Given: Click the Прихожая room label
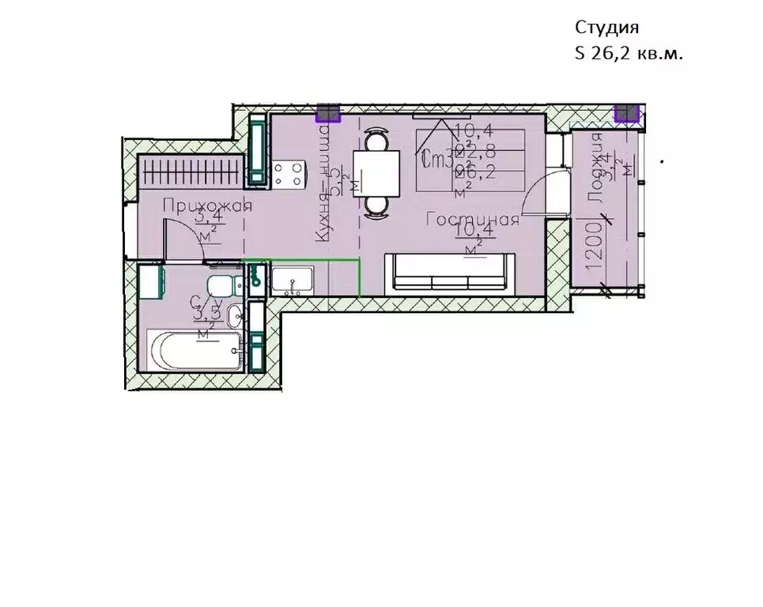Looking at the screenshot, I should [207, 206].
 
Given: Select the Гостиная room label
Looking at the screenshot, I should [472, 221].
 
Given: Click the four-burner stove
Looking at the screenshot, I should [288, 173].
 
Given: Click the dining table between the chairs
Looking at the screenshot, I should [376, 172].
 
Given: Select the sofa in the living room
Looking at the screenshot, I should [451, 273].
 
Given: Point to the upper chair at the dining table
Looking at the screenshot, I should [376, 141].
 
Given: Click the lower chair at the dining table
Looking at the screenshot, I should [376, 205].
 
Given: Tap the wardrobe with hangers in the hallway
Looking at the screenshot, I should [189, 170].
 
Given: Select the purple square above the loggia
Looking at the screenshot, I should [626, 112].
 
